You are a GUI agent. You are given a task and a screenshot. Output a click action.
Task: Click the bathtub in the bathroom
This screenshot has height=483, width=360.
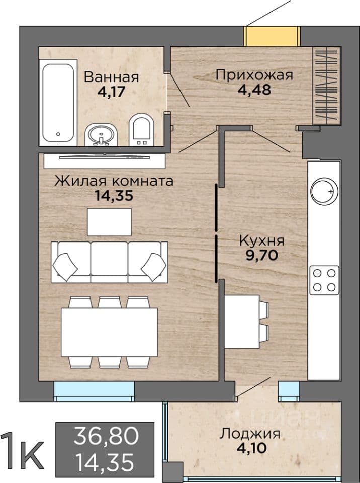click(x=58, y=103)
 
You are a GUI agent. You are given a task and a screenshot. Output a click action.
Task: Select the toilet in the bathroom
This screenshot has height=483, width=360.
click(x=141, y=130)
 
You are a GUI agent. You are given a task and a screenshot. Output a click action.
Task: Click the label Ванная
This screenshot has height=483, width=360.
click(x=111, y=76)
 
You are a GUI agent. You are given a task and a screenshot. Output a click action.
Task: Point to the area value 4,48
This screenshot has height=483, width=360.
click(x=254, y=90)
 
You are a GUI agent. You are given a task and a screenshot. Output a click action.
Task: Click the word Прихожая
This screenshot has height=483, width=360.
click(x=254, y=75)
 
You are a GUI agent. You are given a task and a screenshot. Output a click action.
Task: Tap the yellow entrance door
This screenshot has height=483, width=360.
click(x=272, y=36)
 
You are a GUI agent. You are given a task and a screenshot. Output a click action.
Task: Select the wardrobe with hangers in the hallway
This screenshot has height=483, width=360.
click(x=327, y=86)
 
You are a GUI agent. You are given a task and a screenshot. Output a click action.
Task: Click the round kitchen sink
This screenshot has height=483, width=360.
click(x=324, y=191)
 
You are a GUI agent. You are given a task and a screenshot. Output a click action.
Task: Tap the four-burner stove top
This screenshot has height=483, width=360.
click(x=324, y=280)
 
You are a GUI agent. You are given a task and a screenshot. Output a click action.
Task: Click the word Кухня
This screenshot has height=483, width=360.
click(x=262, y=241)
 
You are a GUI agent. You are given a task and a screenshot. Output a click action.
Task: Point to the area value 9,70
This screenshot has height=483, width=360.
click(x=262, y=255)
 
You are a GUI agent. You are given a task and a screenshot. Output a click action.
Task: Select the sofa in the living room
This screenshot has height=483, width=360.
click(x=109, y=262)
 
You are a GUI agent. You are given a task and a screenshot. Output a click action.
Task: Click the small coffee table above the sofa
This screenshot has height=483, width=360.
click(x=109, y=222)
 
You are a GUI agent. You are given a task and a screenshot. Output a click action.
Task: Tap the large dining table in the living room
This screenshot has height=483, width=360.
click(x=109, y=333)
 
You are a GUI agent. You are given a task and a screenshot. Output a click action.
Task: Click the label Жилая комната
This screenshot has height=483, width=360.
click(x=114, y=181)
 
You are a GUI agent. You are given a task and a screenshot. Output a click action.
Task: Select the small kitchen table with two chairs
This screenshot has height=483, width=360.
click(x=246, y=321)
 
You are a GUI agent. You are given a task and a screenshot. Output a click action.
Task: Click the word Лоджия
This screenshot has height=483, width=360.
click(x=250, y=434)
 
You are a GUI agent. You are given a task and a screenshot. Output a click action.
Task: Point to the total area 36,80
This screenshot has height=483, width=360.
click(x=106, y=437)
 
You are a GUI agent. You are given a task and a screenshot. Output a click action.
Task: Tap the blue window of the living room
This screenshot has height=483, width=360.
click(x=94, y=391)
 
